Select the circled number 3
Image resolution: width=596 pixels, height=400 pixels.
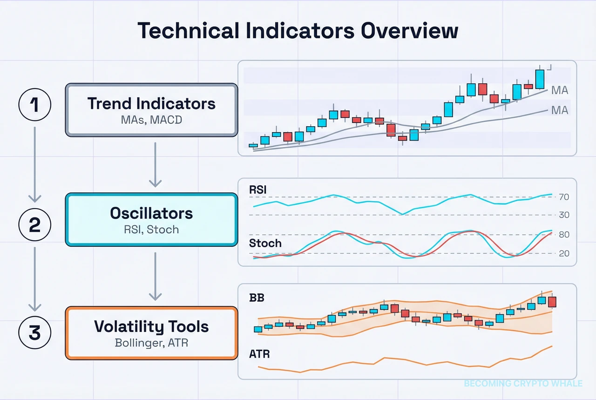pyautogui.click(x=34, y=333)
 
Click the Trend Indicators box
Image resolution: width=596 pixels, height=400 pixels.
pyautogui.click(x=151, y=110)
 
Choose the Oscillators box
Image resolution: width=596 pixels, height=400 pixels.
pyautogui.click(x=151, y=220)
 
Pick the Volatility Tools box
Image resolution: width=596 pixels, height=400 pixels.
pyautogui.click(x=151, y=332)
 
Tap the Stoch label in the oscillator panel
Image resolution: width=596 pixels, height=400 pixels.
pyautogui.click(x=265, y=243)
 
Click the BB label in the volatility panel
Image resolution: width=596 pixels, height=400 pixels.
pyautogui.click(x=257, y=298)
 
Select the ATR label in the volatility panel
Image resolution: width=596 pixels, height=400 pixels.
pyautogui.click(x=259, y=354)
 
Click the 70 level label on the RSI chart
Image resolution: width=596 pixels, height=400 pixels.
pyautogui.click(x=564, y=197)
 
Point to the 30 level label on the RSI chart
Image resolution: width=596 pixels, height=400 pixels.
pyautogui.click(x=564, y=215)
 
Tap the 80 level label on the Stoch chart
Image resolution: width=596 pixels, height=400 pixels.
pyautogui.click(x=564, y=235)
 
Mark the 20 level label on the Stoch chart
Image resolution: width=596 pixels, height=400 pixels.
pyautogui.click(x=564, y=254)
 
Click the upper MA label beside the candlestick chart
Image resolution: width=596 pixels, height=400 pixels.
pyautogui.click(x=560, y=90)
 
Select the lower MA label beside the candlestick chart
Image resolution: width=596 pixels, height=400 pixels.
pyautogui.click(x=560, y=110)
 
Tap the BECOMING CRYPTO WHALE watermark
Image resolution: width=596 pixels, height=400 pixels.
pyautogui.click(x=523, y=383)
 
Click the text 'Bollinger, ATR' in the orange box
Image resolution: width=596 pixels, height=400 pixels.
pyautogui.click(x=151, y=344)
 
